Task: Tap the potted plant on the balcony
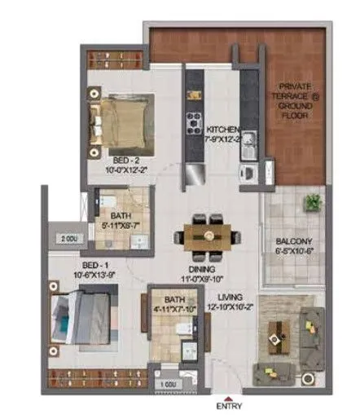tap(310, 201)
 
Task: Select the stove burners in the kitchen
tap(195, 123)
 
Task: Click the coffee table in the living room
tap(279, 333)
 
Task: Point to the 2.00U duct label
tap(69, 240)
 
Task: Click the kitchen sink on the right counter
tap(248, 145)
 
